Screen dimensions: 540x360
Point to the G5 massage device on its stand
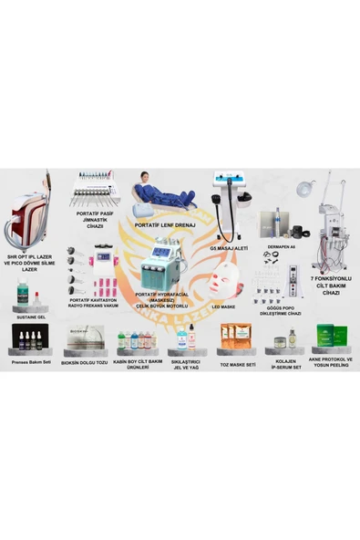pos(228,206)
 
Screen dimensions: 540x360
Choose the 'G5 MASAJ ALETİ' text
pos(230,249)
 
